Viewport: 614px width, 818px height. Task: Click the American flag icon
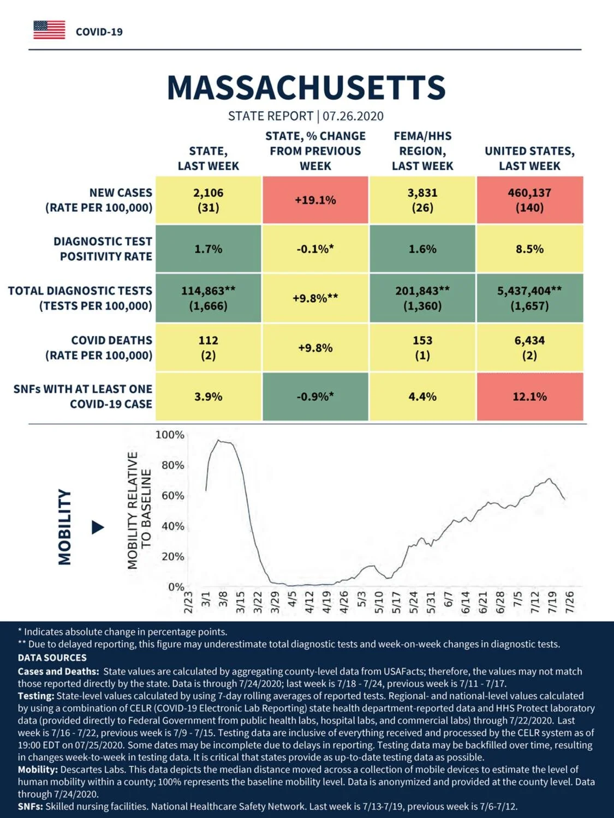point(49,30)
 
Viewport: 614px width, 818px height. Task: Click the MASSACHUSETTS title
point(306,88)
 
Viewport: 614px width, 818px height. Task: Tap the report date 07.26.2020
point(353,116)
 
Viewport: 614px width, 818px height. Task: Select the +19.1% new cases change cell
point(315,200)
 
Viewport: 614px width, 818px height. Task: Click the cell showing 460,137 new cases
point(530,200)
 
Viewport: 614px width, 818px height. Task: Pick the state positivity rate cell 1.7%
point(208,249)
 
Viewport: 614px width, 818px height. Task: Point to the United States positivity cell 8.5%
point(530,249)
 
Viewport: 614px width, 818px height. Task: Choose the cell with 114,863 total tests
point(208,298)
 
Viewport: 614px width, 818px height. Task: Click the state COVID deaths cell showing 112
point(208,347)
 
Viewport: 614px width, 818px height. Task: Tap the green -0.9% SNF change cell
point(315,396)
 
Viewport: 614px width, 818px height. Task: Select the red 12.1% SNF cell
point(530,396)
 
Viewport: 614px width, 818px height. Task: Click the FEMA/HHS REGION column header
point(422,151)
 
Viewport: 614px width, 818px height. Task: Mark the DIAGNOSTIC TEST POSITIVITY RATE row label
point(103,249)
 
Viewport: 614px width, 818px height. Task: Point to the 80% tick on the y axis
point(173,465)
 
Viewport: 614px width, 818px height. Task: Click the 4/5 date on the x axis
point(293,599)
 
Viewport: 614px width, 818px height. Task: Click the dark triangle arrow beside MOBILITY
point(98,527)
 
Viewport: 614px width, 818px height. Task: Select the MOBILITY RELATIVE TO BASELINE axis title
point(139,510)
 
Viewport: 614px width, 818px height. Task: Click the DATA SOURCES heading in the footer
point(52,658)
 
